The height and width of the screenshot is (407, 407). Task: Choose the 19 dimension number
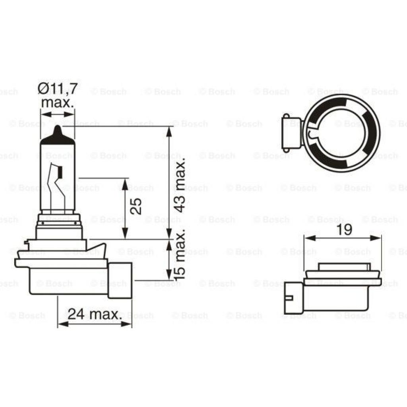coord(344,230)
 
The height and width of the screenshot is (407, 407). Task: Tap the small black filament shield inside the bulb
coord(61,172)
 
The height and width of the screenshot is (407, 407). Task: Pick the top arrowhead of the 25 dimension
coord(125,182)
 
